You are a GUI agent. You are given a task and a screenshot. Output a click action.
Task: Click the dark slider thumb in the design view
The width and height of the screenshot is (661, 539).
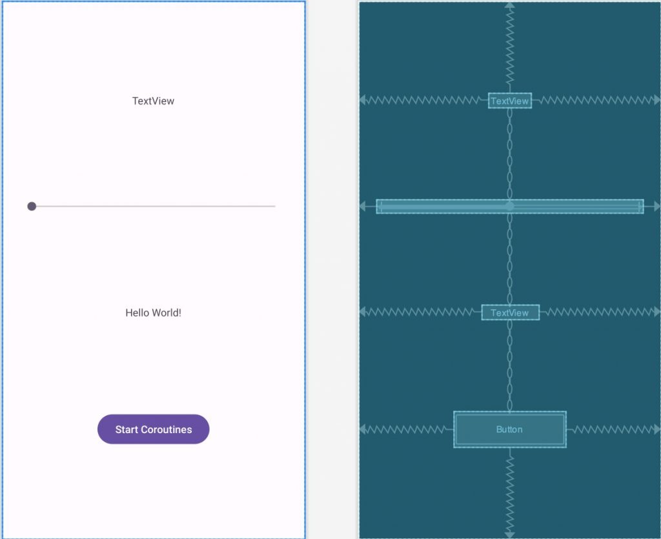pos(32,206)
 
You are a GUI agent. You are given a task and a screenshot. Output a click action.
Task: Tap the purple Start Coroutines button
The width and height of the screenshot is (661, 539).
pos(154,429)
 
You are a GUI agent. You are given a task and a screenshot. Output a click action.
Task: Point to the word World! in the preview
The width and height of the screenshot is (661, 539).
pos(167,312)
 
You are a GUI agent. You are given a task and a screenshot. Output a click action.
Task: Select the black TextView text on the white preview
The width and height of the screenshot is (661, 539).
pos(153,101)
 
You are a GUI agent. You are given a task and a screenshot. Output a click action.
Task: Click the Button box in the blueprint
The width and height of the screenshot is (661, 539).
pos(510,429)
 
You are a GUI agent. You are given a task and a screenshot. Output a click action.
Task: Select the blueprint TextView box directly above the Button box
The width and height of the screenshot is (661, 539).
pos(510,312)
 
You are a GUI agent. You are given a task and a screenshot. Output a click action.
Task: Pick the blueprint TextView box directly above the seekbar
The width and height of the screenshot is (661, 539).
pos(510,101)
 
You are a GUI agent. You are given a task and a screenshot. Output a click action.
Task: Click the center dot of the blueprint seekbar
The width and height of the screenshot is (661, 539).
pos(510,206)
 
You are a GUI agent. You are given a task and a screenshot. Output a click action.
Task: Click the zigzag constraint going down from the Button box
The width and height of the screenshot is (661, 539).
pos(510,492)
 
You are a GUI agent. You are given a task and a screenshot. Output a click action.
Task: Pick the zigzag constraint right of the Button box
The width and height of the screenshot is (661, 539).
pos(611,429)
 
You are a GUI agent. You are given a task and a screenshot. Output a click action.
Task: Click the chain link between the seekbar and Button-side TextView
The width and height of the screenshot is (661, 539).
pos(510,259)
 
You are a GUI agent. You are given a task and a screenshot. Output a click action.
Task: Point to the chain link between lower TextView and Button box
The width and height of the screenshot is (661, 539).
pos(510,365)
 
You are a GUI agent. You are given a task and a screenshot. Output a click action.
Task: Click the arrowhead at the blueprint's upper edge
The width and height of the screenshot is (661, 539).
pos(510,5)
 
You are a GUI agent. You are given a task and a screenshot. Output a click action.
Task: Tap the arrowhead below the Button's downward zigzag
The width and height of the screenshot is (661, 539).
pos(510,535)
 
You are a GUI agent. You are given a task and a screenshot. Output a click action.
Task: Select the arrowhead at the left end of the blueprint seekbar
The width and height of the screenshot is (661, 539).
pos(362,206)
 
